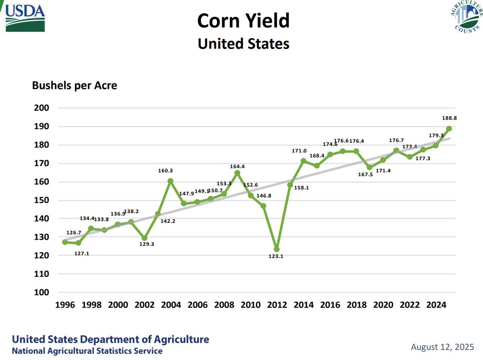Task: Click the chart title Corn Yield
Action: [x=243, y=21]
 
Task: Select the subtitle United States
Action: [x=243, y=43]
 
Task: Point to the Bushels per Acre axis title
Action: [x=74, y=86]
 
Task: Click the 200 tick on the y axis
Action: [x=42, y=108]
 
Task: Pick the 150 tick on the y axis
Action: [x=42, y=200]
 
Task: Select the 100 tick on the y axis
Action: [x=42, y=292]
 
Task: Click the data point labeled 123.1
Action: [x=277, y=249]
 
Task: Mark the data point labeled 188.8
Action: [x=449, y=128]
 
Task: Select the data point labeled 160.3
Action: [x=171, y=181]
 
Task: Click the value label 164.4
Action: [x=237, y=165]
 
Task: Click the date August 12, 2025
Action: [x=443, y=346]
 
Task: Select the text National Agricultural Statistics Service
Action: [x=87, y=351]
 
